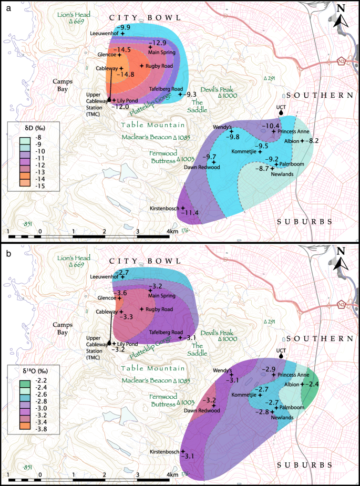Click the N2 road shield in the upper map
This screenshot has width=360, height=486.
[x=343, y=61]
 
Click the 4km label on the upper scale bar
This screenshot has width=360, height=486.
[x=172, y=231]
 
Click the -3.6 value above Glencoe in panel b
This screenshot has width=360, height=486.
[x=121, y=292]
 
